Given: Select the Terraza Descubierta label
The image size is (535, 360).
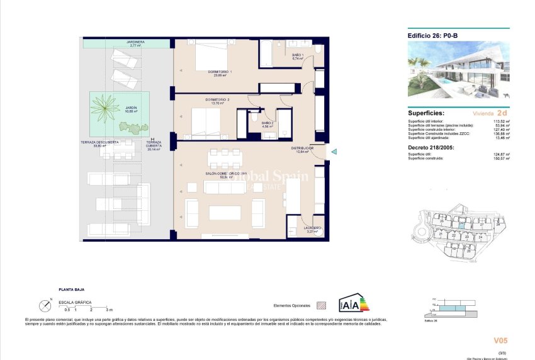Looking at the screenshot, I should pos(106,144).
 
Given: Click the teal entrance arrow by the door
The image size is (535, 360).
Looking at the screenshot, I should pos(334,151).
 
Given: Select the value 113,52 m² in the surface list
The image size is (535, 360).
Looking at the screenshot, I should pos(500,121).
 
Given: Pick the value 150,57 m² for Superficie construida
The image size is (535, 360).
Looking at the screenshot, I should pos(500,158).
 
